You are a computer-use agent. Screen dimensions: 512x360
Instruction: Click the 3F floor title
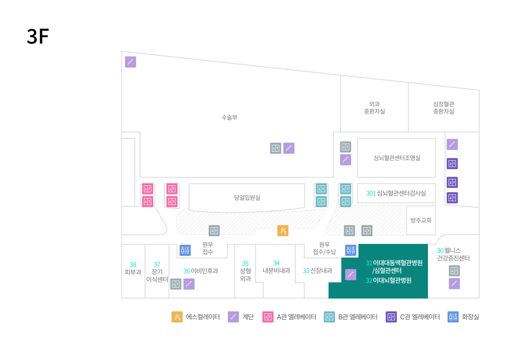(38, 36)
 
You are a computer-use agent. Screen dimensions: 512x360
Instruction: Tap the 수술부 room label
(230, 117)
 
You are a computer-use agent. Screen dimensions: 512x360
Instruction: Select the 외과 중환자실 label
(375, 108)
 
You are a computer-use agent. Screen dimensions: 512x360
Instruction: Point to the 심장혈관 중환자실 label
(444, 108)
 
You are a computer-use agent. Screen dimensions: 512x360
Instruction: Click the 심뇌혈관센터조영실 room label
(397, 158)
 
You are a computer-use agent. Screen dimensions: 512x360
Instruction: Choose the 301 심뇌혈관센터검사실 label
(396, 193)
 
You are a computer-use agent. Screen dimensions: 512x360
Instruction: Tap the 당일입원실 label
(247, 197)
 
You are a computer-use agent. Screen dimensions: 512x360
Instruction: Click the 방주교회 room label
(421, 220)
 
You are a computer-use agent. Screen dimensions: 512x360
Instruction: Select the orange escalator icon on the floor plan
(283, 231)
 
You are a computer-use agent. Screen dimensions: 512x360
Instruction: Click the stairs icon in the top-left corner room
(131, 62)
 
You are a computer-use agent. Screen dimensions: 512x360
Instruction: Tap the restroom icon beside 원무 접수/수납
(351, 250)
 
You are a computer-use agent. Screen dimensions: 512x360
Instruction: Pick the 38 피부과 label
(133, 268)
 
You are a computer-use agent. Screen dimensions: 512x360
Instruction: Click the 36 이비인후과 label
(201, 271)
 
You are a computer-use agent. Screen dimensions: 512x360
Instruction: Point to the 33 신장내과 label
(317, 271)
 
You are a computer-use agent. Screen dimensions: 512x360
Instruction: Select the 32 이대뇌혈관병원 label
(389, 280)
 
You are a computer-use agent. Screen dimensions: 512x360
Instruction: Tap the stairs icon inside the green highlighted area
(351, 275)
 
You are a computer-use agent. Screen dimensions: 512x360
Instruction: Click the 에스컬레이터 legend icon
(177, 317)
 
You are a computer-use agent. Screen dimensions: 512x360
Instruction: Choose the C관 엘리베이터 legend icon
(391, 317)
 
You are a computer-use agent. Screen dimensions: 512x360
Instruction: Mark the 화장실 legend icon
(453, 317)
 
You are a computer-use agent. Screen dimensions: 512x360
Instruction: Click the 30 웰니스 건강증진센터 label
(453, 255)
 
